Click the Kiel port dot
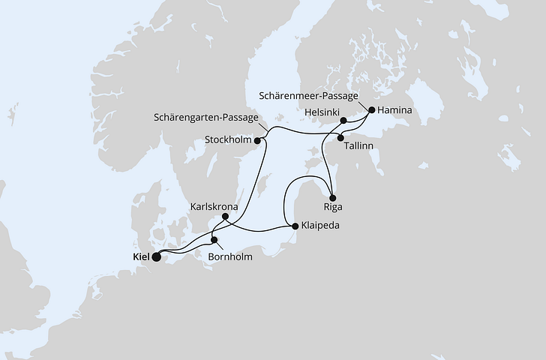click(x=157, y=256)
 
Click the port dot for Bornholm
click(x=214, y=241)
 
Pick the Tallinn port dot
click(x=341, y=137)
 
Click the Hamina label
click(x=395, y=110)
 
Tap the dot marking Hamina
click(x=371, y=109)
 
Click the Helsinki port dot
click(x=343, y=120)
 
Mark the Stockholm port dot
click(x=257, y=139)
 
